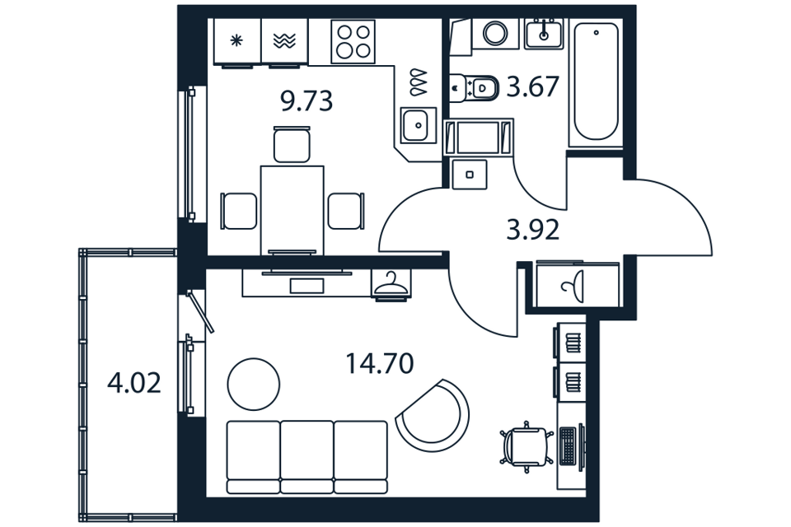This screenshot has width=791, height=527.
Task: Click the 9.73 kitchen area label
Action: (307, 100)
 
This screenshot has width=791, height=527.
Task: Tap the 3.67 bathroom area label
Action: (533, 86)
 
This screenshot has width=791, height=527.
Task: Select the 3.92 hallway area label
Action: (533, 230)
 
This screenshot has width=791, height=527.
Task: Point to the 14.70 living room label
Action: (380, 363)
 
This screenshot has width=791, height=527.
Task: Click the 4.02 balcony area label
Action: (134, 383)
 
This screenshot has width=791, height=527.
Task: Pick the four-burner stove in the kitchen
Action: (353, 41)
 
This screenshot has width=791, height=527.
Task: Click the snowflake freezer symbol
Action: (236, 40)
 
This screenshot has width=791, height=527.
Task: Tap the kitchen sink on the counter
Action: (419, 125)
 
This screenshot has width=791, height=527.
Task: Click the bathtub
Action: (596, 82)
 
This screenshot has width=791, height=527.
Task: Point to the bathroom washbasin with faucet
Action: (543, 33)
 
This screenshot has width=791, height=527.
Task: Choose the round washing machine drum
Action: (495, 33)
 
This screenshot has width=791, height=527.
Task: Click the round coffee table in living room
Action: (253, 385)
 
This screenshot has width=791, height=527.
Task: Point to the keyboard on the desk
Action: (568, 446)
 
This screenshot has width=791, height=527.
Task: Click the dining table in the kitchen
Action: (292, 210)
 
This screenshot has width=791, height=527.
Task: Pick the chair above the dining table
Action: (292, 144)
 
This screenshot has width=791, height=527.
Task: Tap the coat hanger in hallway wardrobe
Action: (391, 283)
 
